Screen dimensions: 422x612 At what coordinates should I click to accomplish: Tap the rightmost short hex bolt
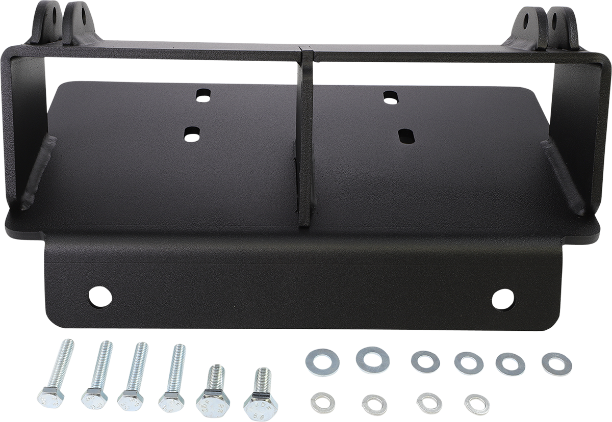point(261,391)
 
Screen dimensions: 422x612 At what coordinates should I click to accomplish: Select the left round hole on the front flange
point(100,297)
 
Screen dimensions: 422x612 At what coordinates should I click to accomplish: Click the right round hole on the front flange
point(503,299)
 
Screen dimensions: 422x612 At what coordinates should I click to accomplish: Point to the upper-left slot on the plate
point(203,96)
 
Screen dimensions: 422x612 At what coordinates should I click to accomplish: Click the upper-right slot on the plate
point(391,97)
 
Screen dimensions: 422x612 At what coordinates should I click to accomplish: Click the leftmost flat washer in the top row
point(322,362)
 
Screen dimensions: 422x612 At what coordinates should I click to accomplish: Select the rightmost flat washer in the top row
point(556,364)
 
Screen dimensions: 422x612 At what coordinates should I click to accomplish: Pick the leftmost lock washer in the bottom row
point(322,402)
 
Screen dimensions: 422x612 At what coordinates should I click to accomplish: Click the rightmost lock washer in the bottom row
point(477,404)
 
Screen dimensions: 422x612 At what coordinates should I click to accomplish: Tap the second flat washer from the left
point(373,359)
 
